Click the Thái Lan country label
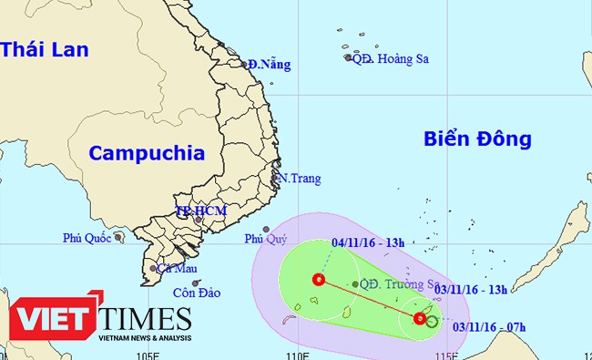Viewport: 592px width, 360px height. click(x=46, y=49)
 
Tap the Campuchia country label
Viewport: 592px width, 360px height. click(x=147, y=153)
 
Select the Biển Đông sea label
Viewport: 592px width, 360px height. click(x=476, y=139)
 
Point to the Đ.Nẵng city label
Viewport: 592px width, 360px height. click(x=268, y=64)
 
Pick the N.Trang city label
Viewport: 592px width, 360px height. click(x=301, y=179)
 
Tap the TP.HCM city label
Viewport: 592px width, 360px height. click(x=200, y=211)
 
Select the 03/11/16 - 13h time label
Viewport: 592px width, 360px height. click(x=471, y=290)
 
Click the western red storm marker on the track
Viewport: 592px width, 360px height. click(x=318, y=279)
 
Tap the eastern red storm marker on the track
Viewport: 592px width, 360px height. click(x=419, y=318)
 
